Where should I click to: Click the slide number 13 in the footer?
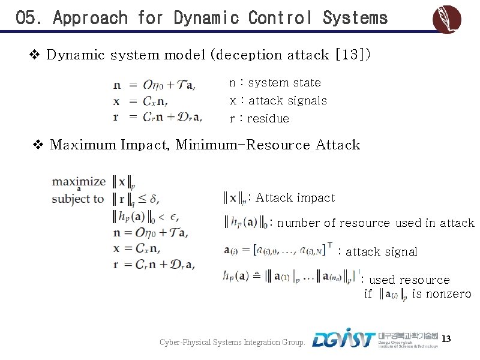pyautogui.click(x=446, y=340)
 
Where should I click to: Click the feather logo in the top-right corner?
pyautogui.click(x=447, y=19)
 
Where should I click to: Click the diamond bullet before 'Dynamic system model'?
pyautogui.click(x=35, y=55)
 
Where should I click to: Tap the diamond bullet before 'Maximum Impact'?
pyautogui.click(x=38, y=145)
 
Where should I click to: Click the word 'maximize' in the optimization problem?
pyautogui.click(x=79, y=181)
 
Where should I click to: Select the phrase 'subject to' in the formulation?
pyautogui.click(x=78, y=199)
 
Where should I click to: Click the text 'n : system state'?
pyautogui.click(x=275, y=83)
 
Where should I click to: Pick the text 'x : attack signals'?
pyautogui.click(x=278, y=101)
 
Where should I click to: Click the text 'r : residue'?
pyautogui.click(x=259, y=119)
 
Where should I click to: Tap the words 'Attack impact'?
pyautogui.click(x=295, y=198)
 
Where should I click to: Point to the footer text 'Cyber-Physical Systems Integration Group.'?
pyautogui.click(x=233, y=343)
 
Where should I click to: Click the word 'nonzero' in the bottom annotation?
pyautogui.click(x=448, y=295)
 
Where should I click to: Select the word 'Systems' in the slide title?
pyautogui.click(x=355, y=18)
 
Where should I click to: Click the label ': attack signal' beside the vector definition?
pyautogui.click(x=378, y=252)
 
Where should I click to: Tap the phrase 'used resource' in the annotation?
pyautogui.click(x=409, y=280)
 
